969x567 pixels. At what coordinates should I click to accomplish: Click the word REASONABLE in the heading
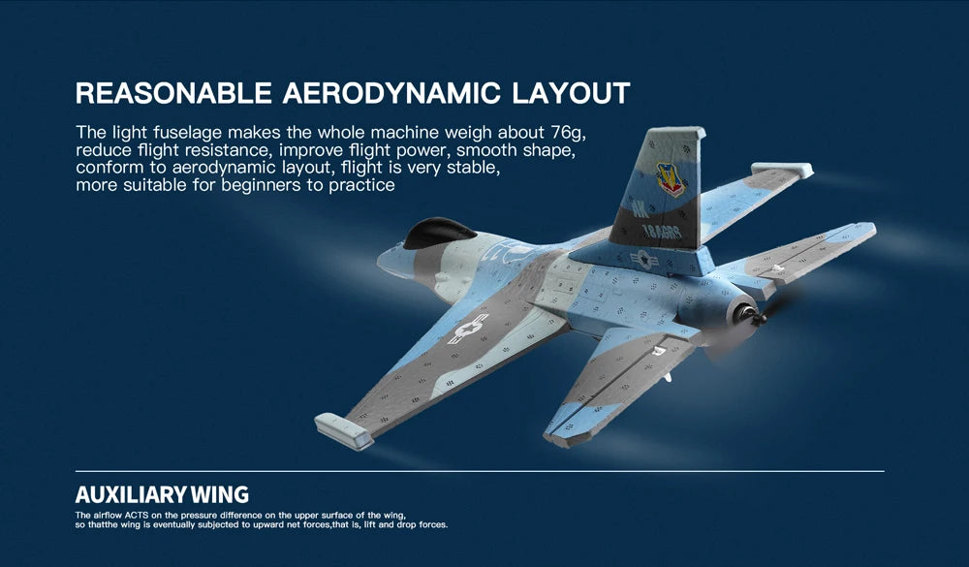pos(173,94)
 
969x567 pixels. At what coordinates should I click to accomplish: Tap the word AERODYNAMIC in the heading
pos(392,94)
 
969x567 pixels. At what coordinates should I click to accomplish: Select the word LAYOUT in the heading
pos(571,94)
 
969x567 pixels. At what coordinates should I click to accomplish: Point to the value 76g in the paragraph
pos(569,132)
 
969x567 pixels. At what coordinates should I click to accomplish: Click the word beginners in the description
pos(263,185)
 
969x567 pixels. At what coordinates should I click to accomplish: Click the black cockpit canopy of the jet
pos(438,233)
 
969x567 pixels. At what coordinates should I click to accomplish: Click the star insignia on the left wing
pos(469,329)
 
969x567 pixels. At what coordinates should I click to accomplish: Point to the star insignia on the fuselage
pos(642,259)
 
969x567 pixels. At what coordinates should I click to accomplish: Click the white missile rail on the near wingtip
pos(344,431)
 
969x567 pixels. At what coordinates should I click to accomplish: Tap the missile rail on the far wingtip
pos(781,172)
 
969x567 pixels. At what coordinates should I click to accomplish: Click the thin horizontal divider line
pos(480,472)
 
